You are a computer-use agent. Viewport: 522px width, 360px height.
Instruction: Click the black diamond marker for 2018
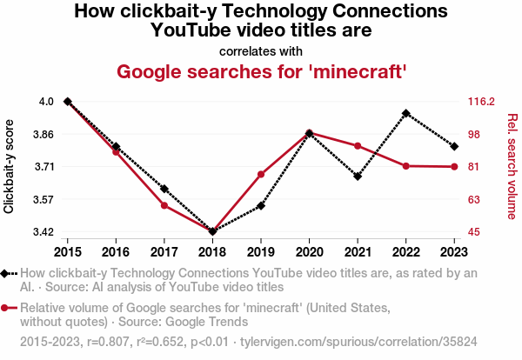click(x=212, y=231)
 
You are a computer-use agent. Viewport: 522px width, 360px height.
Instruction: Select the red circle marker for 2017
click(x=164, y=205)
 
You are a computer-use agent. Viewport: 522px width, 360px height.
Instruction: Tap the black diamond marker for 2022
click(x=406, y=113)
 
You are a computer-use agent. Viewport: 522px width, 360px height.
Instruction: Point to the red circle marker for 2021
click(x=358, y=145)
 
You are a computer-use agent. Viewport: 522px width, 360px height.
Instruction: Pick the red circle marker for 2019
click(x=261, y=175)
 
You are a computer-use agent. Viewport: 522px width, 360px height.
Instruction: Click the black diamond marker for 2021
click(x=358, y=177)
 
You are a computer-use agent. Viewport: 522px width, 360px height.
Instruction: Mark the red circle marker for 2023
click(x=454, y=167)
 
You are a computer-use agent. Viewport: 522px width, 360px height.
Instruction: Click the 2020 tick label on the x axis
click(x=309, y=252)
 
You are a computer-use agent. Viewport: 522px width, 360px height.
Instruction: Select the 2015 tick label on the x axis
click(x=68, y=252)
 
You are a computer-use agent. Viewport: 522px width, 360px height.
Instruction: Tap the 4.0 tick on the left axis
click(x=46, y=102)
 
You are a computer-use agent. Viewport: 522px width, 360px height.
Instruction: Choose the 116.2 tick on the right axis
click(x=480, y=102)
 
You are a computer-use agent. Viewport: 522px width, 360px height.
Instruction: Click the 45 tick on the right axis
click(x=474, y=232)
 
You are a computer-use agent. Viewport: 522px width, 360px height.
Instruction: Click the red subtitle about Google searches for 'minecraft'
click(x=261, y=70)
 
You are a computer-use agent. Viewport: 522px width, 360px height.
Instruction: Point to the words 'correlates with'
click(x=261, y=50)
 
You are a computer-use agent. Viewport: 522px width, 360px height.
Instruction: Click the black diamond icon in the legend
click(x=8, y=274)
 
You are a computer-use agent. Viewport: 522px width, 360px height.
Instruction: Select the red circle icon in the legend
click(x=8, y=308)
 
